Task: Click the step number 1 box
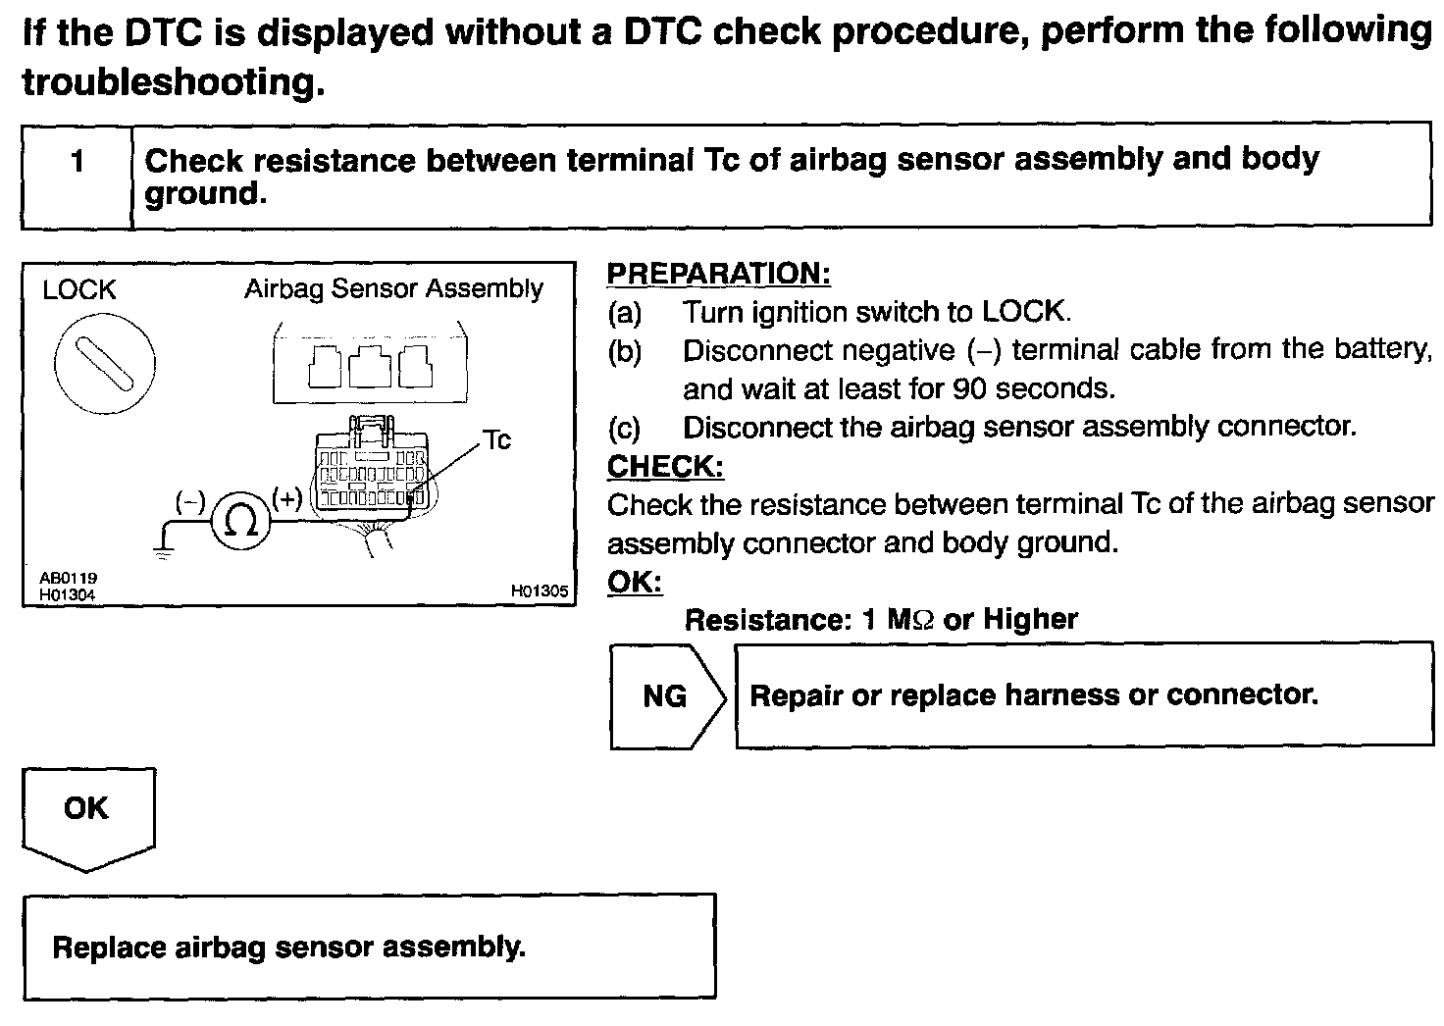tap(77, 162)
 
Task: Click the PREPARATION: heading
tap(718, 274)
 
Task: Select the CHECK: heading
tap(665, 466)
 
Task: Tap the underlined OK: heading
tap(635, 582)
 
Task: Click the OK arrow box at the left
tap(87, 810)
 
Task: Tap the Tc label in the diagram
tap(496, 440)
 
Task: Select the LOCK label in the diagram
tap(78, 290)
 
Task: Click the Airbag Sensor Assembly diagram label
tap(393, 288)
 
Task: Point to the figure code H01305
tap(539, 591)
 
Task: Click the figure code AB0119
tap(68, 580)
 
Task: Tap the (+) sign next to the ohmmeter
tap(287, 499)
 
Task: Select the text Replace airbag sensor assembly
tap(288, 948)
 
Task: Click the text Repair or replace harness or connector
tap(1033, 695)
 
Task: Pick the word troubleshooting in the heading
tap(172, 82)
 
